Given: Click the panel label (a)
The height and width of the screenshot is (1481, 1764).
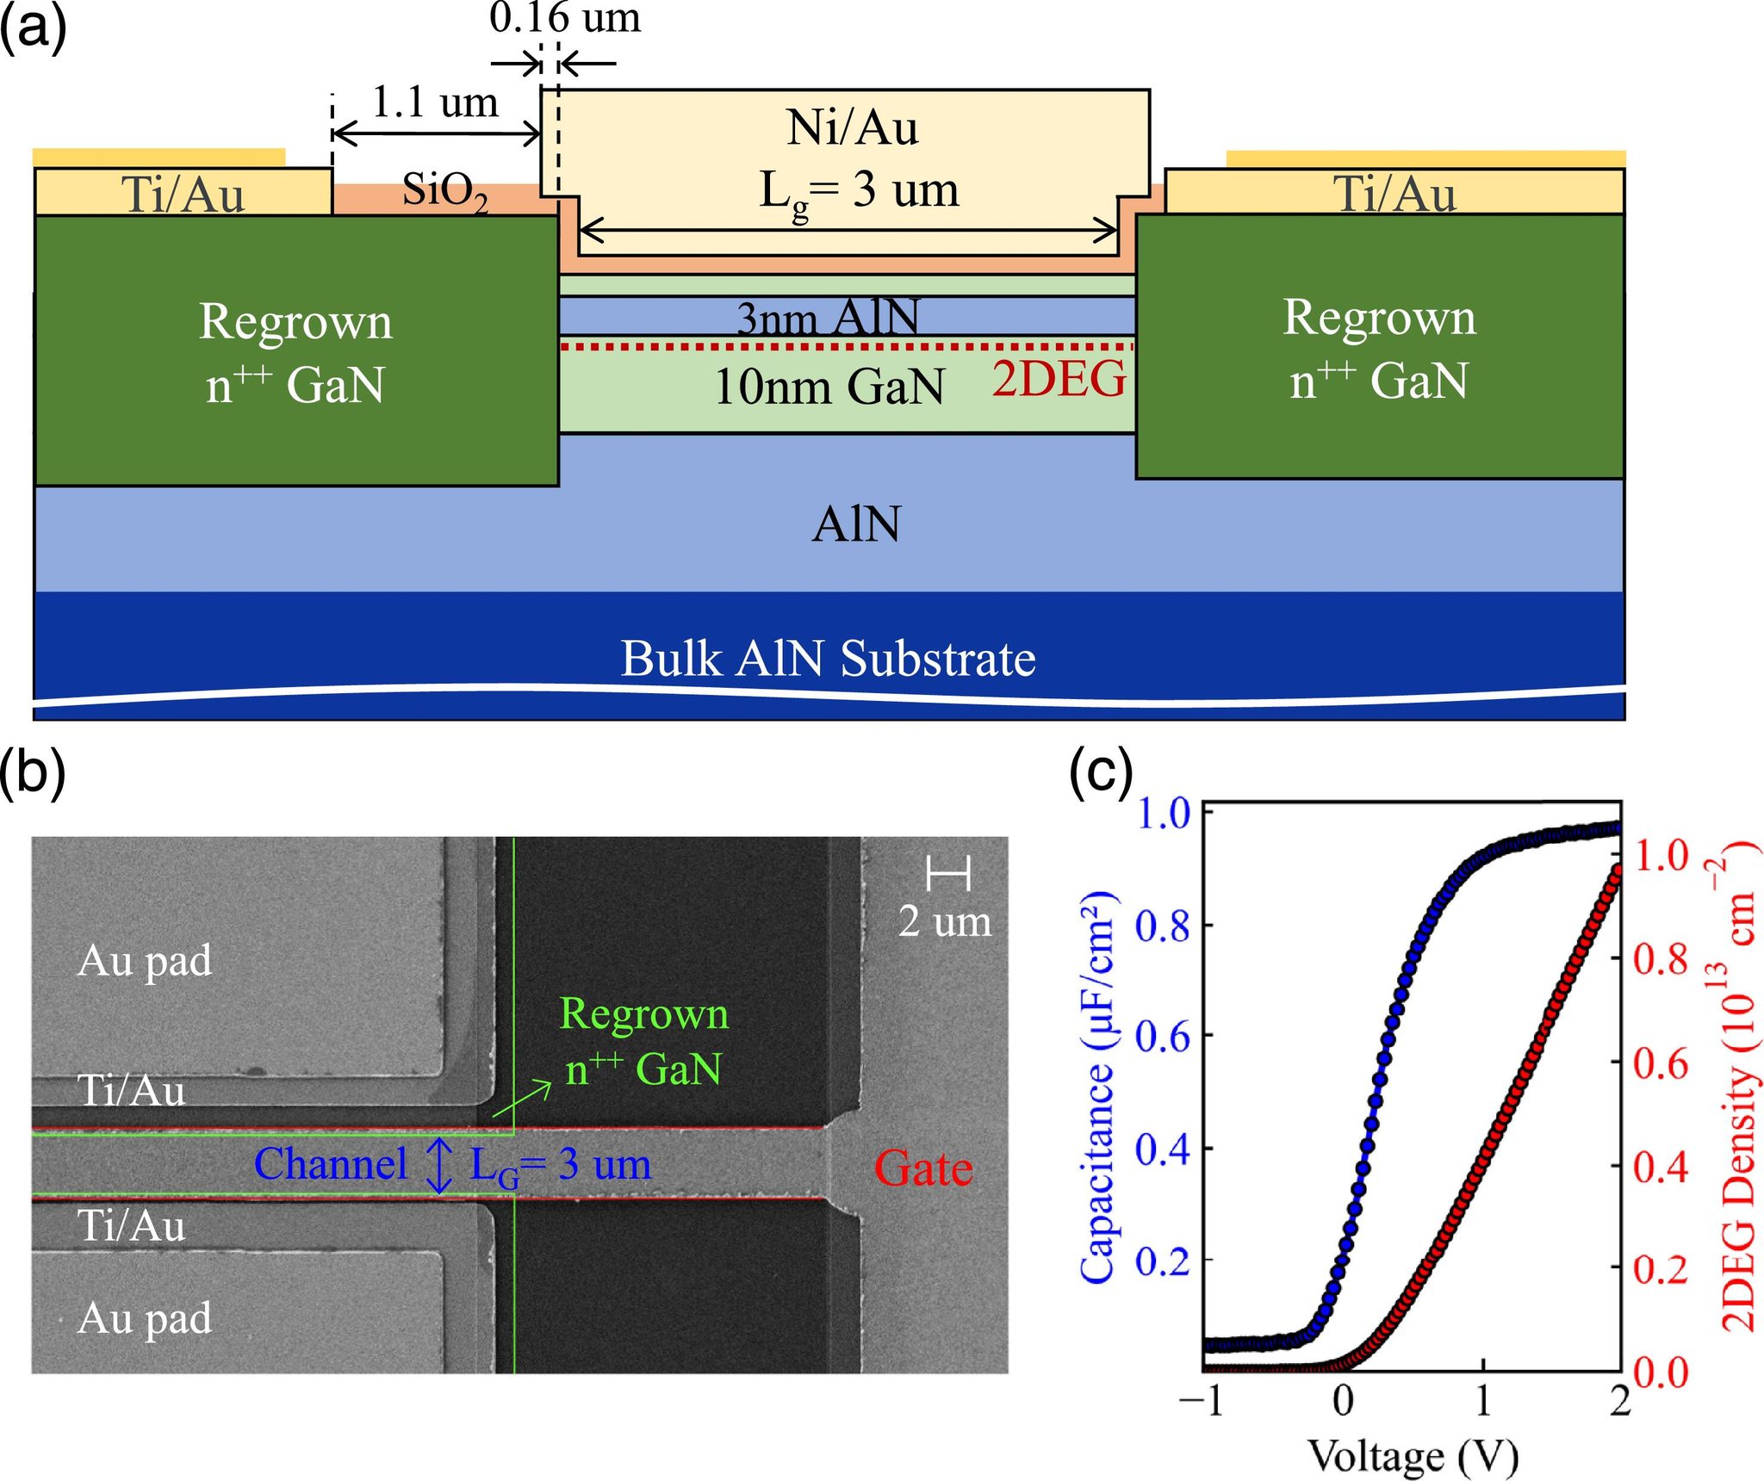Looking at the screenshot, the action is coord(33,29).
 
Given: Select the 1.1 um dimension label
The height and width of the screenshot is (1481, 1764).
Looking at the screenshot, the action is coord(435,103).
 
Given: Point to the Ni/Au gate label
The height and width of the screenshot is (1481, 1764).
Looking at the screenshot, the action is coord(852,128).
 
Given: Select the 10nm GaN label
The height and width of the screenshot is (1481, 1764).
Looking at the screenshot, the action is coord(829,386).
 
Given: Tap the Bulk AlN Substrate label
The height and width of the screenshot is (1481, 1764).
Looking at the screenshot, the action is coord(828,659).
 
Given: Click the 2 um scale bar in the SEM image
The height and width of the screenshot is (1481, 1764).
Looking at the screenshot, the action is coord(948,874).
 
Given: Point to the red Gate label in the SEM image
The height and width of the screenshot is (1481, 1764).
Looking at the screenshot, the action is coord(923,1168).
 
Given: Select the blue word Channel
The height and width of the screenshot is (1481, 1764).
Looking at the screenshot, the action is coord(331,1164).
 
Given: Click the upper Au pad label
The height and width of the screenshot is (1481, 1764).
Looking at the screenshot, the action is coord(145,961).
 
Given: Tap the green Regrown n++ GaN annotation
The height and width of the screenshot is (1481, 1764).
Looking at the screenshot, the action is coord(644,1041).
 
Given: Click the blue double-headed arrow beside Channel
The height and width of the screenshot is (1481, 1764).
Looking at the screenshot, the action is coord(439,1165).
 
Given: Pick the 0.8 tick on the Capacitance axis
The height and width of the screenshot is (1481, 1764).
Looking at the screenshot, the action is coord(1162,926).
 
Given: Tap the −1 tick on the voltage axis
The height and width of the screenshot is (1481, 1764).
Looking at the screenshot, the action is coord(1201,1401).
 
